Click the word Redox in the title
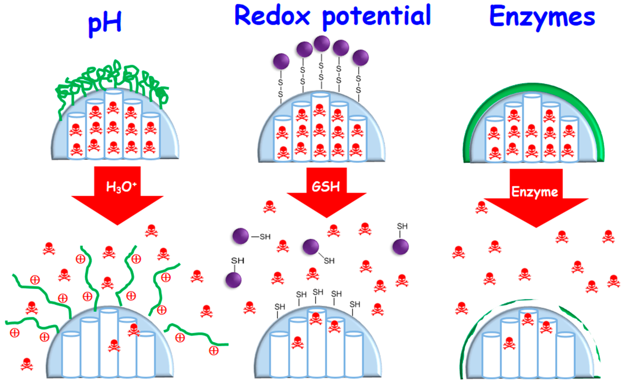[272, 16]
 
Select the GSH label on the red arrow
[326, 187]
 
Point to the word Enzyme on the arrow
[535, 192]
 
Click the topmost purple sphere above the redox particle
[322, 43]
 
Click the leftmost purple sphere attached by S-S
[281, 61]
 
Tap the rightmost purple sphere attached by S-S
[360, 58]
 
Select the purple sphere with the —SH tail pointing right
[240, 236]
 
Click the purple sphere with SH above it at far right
[401, 247]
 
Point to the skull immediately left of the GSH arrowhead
[269, 207]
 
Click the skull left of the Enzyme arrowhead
[481, 207]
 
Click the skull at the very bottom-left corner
[27, 364]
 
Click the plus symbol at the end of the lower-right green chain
[213, 351]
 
